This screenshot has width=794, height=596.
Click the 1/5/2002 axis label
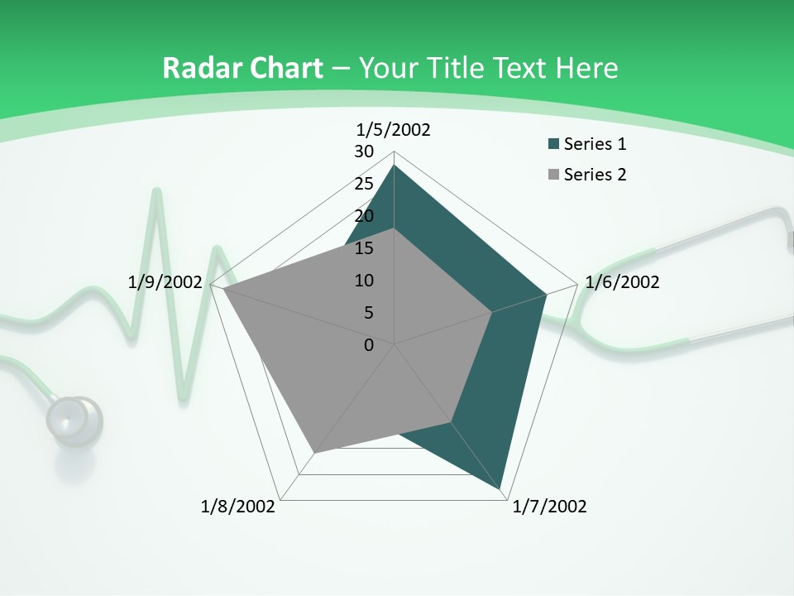[393, 129]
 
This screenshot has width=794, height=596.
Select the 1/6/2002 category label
[622, 282]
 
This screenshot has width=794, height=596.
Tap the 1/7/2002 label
[549, 507]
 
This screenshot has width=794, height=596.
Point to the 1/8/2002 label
[238, 507]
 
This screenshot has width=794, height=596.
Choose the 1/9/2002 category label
[165, 282]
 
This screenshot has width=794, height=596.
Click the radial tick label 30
[364, 151]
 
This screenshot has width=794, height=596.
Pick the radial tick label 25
[364, 184]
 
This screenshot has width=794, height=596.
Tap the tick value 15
[364, 248]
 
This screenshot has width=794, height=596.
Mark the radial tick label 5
[368, 313]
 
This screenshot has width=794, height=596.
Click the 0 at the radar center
[369, 345]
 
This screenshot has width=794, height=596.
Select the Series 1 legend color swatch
[553, 145]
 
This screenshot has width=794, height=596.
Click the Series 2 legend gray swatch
[553, 175]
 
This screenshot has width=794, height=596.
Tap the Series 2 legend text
[595, 175]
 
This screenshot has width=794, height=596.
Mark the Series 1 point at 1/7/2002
[502, 490]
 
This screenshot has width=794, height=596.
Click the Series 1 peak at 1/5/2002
[395, 166]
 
